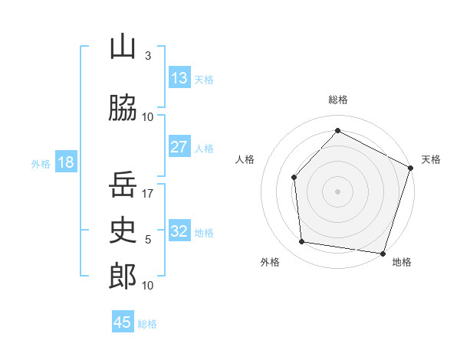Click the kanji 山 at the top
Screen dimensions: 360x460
tap(123, 47)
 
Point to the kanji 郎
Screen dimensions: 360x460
tap(123, 276)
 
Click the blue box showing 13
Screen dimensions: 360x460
tap(179, 78)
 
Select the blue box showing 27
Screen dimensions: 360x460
tap(179, 147)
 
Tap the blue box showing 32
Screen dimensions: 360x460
tap(179, 231)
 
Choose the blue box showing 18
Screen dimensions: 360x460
tap(65, 162)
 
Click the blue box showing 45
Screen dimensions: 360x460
tap(123, 322)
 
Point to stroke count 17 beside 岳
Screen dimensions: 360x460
tap(148, 194)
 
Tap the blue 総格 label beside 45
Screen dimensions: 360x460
tap(148, 324)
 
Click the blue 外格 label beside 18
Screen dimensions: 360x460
tap(40, 163)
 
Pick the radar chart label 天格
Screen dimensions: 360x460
tap(431, 159)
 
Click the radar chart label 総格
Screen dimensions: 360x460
tap(337, 100)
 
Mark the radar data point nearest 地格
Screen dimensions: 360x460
tap(382, 253)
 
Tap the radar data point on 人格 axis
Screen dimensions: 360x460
tap(294, 177)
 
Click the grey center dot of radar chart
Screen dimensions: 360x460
tap(337, 191)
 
